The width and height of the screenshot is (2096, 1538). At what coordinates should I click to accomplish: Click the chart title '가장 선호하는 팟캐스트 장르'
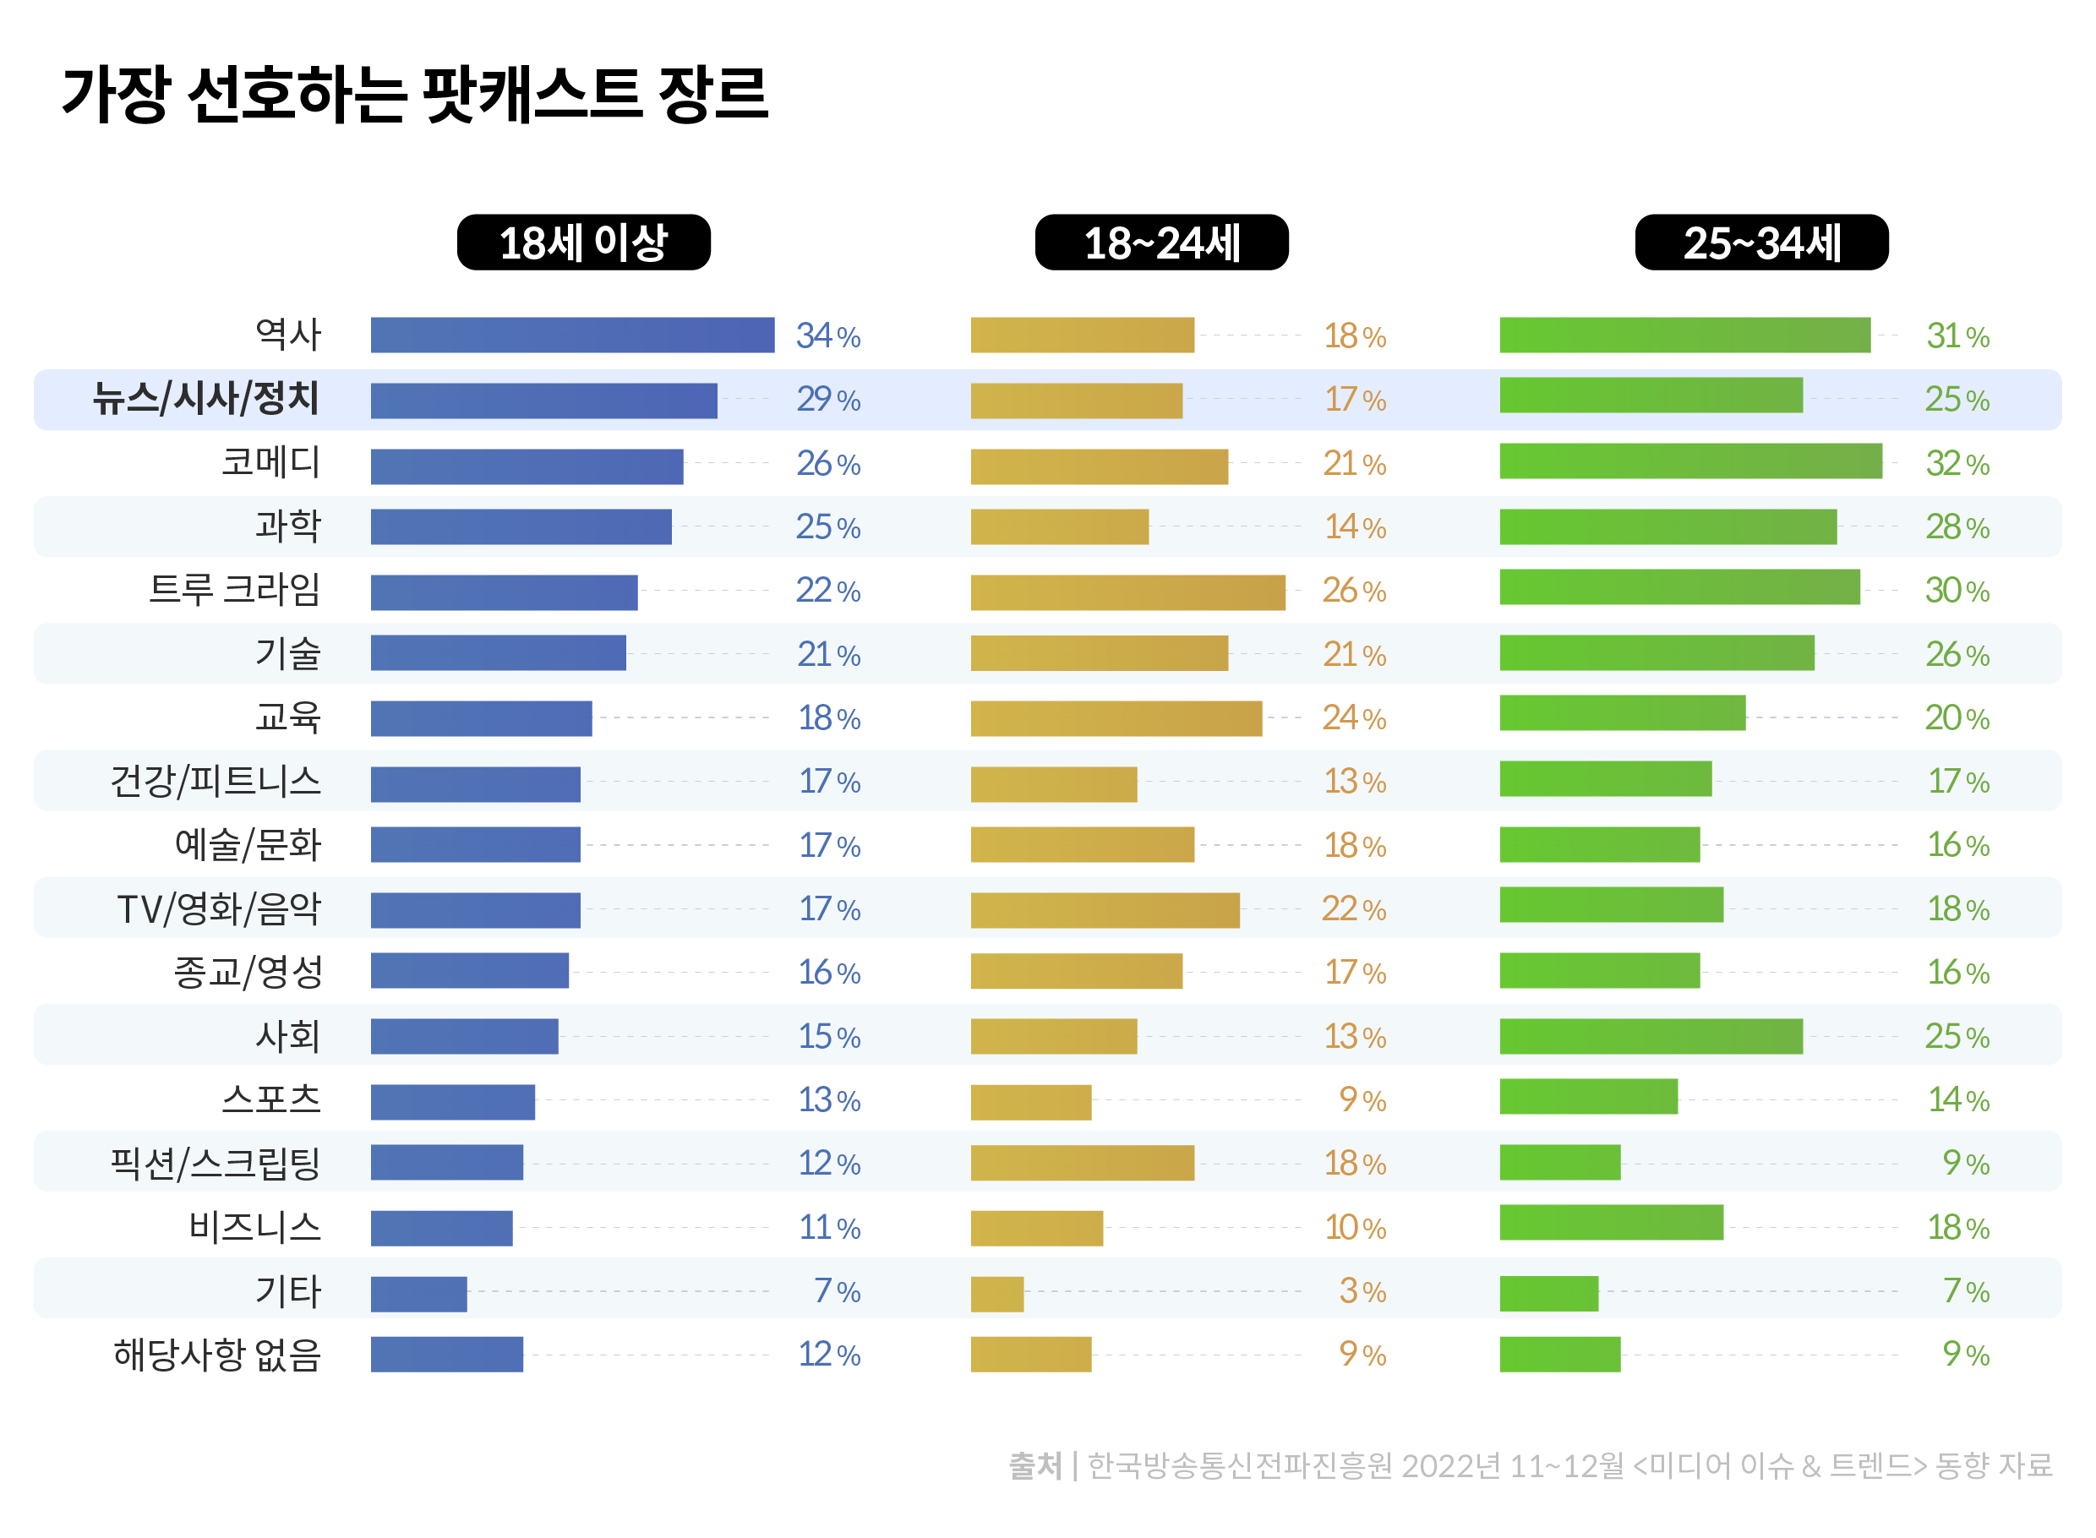click(414, 94)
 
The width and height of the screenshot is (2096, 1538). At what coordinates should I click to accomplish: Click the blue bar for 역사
click(571, 335)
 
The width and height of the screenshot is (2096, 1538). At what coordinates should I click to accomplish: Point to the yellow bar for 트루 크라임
click(1127, 592)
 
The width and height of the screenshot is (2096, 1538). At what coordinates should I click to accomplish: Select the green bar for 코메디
click(1689, 461)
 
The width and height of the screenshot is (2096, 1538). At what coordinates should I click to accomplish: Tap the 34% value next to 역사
click(827, 336)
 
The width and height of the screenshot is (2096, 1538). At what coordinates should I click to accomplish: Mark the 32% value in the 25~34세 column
click(1957, 464)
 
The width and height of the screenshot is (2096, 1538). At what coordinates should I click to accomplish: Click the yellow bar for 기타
click(996, 1293)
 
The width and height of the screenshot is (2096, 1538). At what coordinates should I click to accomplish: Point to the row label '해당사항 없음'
click(217, 1355)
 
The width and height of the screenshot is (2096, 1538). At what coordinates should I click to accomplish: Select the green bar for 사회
click(1650, 1036)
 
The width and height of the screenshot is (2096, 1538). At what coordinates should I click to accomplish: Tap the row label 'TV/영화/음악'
click(219, 908)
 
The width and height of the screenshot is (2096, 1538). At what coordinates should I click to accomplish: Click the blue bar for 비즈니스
click(441, 1228)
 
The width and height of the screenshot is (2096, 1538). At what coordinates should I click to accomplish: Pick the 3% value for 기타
click(1362, 1291)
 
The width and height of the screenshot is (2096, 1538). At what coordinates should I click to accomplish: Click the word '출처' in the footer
click(1034, 1465)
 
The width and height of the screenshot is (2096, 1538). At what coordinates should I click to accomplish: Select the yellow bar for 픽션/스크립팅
click(1081, 1163)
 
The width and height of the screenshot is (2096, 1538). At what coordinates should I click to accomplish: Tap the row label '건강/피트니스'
click(216, 781)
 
